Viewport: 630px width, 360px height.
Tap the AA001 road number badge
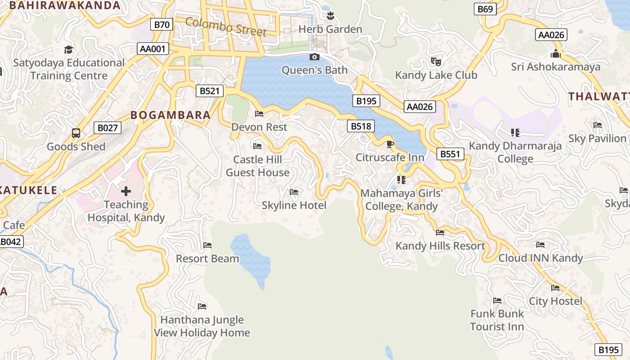pos(153,49)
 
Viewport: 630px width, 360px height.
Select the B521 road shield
pos(210,91)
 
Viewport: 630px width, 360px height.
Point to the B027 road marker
pos(108,128)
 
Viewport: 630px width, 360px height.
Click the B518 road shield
pos(361,126)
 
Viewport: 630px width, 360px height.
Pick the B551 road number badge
pos(450,154)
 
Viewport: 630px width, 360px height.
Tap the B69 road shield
pos(486,9)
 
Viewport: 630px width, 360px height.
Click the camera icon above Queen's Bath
pos(315,57)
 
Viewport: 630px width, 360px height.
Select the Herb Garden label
pos(330,29)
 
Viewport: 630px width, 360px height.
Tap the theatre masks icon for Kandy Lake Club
pos(436,61)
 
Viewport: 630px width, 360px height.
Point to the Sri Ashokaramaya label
pos(555,67)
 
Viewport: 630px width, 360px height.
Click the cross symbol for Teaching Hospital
pos(126,191)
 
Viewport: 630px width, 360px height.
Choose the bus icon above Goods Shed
pos(76,133)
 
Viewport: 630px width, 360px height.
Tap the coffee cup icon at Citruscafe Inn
pos(390,144)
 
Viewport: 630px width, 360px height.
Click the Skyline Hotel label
pos(294,205)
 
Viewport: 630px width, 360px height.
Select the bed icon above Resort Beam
pos(207,245)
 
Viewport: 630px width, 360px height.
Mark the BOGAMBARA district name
pos(171,115)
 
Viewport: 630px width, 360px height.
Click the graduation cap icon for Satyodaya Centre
pos(68,49)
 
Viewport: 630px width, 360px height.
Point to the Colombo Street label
pos(226,27)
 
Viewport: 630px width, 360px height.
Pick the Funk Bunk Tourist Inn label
pos(497,320)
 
